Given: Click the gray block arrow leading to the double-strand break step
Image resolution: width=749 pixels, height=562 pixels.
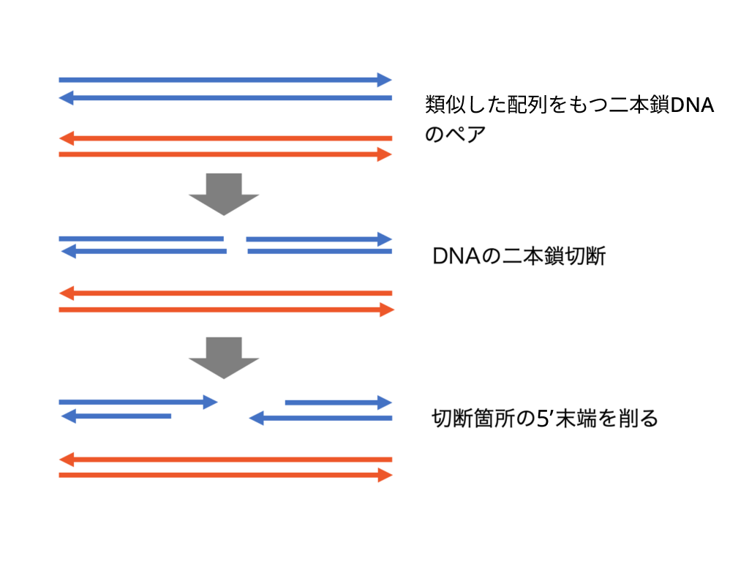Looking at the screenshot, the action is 224,194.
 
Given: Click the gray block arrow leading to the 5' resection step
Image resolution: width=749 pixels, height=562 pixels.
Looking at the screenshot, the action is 224,358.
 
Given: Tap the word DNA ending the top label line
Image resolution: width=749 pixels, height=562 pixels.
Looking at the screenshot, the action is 692,105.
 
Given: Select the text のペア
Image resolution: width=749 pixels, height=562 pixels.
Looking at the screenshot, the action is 455,135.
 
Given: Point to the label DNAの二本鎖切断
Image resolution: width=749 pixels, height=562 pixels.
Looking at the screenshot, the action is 519,256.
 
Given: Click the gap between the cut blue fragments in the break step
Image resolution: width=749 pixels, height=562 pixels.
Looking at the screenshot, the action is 236,244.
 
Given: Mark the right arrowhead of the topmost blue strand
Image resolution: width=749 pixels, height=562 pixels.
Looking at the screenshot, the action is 385,80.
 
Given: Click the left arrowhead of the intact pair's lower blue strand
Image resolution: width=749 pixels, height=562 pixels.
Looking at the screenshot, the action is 66,98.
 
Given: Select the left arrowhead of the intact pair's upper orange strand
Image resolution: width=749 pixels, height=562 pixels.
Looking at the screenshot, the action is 66,138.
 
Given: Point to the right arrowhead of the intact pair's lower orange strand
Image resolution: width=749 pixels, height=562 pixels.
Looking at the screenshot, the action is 385,154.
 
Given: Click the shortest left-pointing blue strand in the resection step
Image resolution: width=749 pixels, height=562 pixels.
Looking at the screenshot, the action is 116,416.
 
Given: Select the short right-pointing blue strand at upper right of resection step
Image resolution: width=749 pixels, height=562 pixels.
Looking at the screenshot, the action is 339,402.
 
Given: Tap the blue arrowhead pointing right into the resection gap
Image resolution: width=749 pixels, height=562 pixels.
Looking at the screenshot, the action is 210,402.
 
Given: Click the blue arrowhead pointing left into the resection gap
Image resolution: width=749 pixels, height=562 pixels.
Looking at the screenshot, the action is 257,418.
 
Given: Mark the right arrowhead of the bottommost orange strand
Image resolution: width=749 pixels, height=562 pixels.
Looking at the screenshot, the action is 385,475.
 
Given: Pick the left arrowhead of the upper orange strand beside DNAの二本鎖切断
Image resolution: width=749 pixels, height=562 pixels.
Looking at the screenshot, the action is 66,293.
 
